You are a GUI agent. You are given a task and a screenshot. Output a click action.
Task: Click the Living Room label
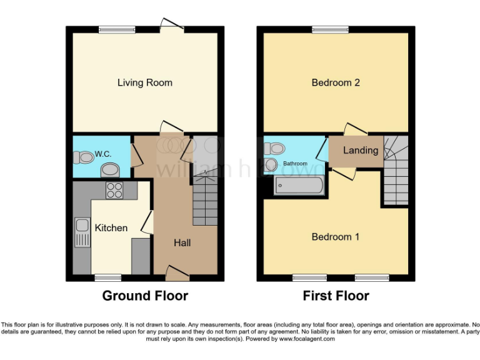pos(145,82)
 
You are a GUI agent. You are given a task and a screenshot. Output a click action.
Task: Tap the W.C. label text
pos(102,154)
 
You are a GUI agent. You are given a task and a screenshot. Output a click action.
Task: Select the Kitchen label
pos(111,228)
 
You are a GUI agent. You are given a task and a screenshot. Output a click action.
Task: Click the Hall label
pos(182,242)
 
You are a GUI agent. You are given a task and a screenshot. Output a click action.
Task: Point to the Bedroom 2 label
pos(336,82)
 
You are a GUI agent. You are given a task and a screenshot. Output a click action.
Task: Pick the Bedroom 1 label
pos(336,237)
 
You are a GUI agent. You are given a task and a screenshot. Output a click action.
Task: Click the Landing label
pos(361,150)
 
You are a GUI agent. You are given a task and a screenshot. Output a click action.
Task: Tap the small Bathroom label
pos(296,164)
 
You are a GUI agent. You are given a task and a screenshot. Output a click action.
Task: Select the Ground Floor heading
pos(145,296)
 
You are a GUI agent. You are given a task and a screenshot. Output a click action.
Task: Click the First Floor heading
pos(336,296)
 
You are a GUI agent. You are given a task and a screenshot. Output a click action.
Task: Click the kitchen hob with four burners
pos(114,190)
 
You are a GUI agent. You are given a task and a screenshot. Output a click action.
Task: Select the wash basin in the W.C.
pos(111,169)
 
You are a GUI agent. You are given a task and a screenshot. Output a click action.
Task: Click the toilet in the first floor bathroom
pos(274,149)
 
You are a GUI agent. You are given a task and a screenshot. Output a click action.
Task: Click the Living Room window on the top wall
pos(117,29)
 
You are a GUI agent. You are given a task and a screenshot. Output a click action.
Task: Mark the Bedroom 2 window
pos(331,29)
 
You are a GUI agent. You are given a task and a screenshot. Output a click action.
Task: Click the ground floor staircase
pos(205,200)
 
